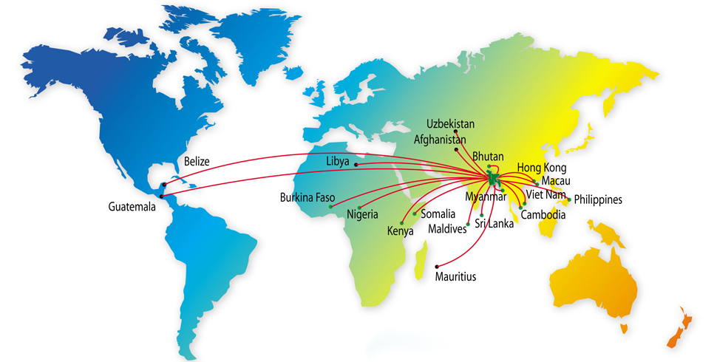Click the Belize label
click(197, 161)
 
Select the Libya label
click(339, 161)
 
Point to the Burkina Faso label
click(307, 198)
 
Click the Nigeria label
click(362, 215)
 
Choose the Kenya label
click(400, 232)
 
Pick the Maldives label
click(447, 229)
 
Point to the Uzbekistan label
click(451, 124)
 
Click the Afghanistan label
click(441, 139)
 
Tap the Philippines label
click(598, 199)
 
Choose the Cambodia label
click(543, 216)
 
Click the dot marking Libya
click(356, 164)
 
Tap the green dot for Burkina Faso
click(330, 206)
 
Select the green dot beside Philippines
click(569, 198)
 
